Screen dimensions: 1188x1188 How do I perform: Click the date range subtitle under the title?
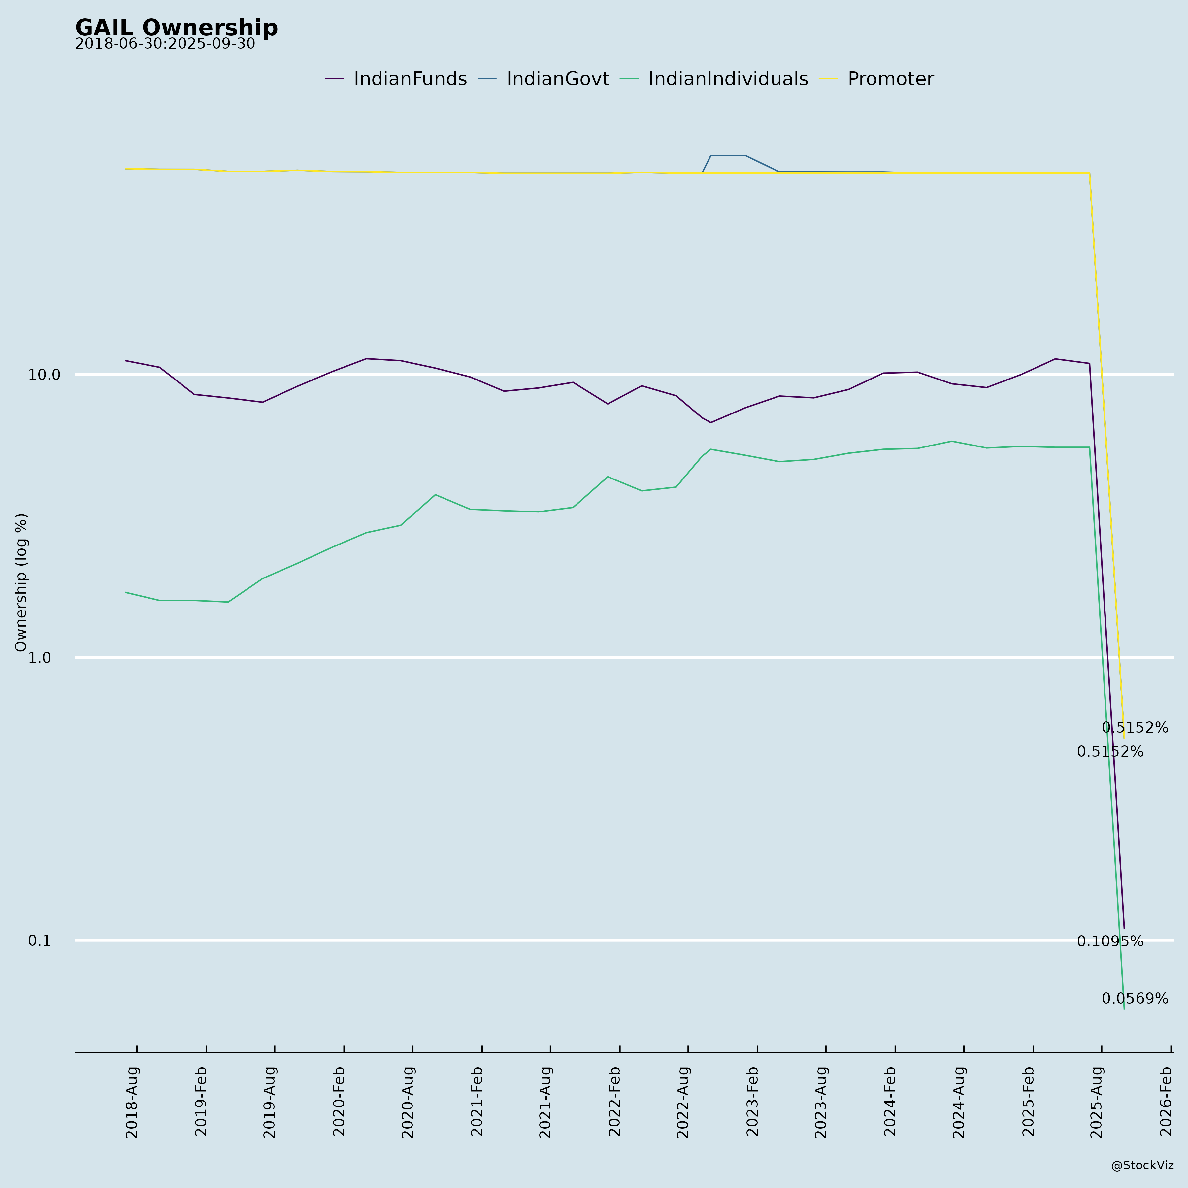165,44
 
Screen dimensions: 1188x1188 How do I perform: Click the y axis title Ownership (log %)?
21,582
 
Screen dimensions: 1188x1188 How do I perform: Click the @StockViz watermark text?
1142,1165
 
